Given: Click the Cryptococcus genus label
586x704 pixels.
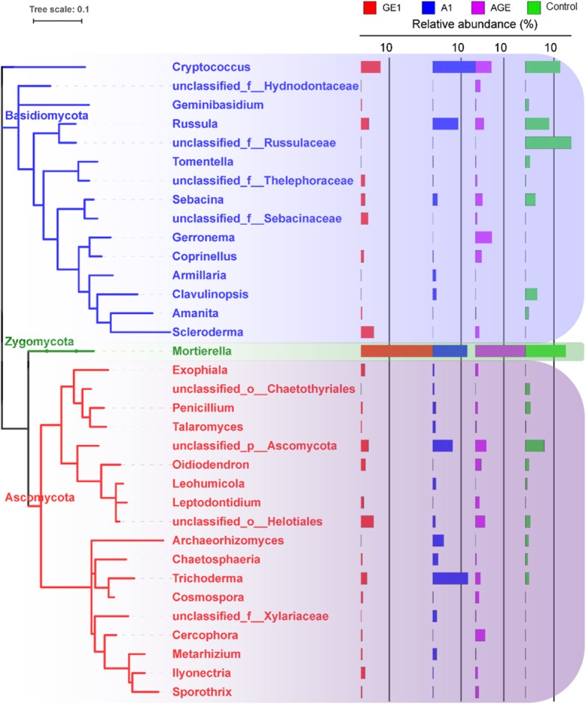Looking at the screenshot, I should (203, 67).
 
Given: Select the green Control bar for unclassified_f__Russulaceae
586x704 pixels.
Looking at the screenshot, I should (548, 142).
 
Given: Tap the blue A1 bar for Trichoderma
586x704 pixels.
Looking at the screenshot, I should (450, 578).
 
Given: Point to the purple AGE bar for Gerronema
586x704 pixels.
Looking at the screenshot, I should (483, 237).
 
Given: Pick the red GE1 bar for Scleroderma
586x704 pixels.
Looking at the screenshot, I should (367, 332).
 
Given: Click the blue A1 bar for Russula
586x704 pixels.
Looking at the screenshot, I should (445, 124).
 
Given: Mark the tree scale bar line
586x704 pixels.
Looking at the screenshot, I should (57, 20).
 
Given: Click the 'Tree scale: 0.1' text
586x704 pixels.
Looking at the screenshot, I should (57, 7).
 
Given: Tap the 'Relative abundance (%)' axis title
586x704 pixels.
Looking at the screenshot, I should (465, 24).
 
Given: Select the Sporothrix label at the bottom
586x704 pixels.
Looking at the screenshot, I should (202, 692).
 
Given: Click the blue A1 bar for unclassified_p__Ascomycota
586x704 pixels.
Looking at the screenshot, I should (442, 446).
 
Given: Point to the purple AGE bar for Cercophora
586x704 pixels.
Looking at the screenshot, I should (480, 635).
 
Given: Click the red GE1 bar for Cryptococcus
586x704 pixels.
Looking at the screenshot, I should (370, 67).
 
